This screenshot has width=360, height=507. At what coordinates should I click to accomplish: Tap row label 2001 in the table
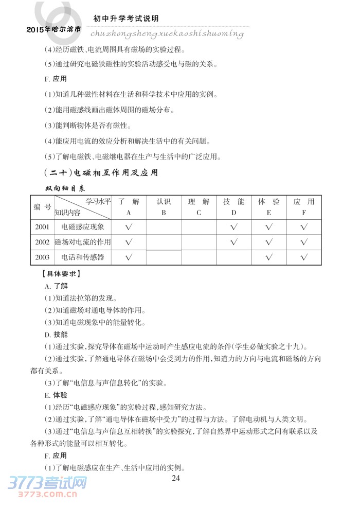(42, 226)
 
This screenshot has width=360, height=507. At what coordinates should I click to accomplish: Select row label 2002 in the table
(42, 242)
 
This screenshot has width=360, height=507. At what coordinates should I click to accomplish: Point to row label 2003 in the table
(42, 257)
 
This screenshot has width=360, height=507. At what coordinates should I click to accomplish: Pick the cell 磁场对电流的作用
(83, 242)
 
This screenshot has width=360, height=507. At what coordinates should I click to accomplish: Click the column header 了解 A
(129, 206)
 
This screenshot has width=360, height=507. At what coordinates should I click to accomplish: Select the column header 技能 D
(233, 206)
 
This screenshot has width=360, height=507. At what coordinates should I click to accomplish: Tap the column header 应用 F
(303, 206)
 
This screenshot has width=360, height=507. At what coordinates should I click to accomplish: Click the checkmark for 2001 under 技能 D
(233, 226)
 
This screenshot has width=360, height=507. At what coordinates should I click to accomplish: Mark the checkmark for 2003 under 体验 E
(268, 257)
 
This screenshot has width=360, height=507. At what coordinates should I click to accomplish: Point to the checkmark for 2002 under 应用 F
(303, 242)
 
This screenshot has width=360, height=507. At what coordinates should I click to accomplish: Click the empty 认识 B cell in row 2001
(164, 226)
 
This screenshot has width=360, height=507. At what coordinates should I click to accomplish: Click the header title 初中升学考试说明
(126, 19)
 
